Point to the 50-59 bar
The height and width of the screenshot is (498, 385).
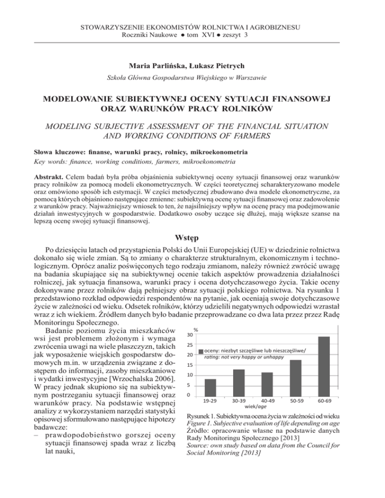[x=296, y=376]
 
